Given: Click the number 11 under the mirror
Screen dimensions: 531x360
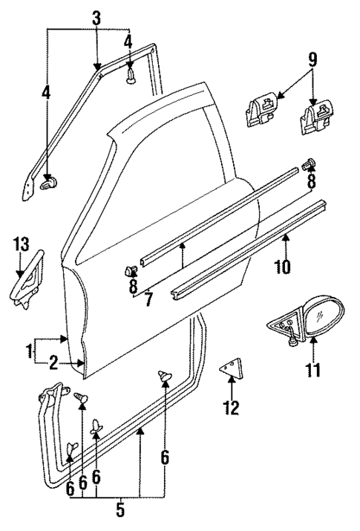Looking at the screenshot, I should point(314,368).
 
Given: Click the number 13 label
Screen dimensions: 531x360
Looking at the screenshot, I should point(21,244).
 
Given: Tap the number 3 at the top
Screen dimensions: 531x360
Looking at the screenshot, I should point(97,18).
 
